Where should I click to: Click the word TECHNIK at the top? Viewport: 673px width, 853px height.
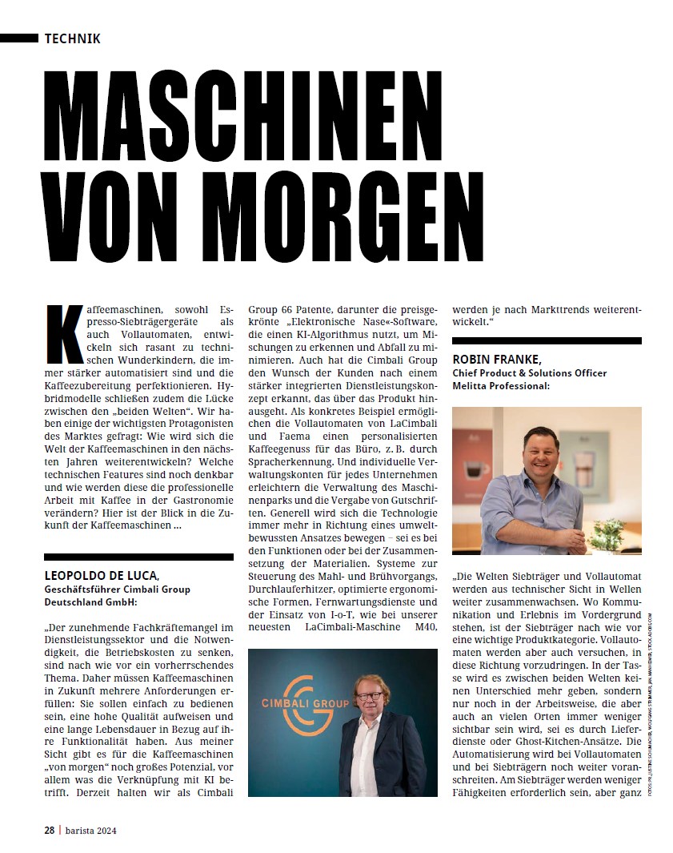point(73,38)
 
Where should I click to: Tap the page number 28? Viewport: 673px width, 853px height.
point(49,830)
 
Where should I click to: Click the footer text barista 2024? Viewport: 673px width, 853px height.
point(90,830)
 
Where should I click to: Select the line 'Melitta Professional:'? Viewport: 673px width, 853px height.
point(501,386)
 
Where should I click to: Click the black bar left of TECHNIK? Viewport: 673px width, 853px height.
point(18,38)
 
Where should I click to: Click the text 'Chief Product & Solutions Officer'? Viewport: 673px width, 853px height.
point(530,373)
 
